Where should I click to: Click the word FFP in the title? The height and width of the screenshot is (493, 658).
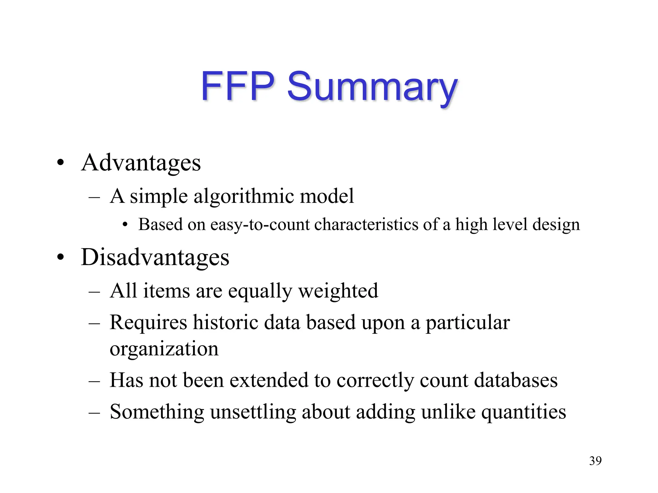point(237,86)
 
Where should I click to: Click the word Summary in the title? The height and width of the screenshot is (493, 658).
point(372,87)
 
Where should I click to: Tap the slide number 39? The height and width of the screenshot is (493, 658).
point(595,461)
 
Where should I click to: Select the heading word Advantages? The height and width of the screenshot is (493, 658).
point(141,163)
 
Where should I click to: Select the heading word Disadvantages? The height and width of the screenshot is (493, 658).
point(155,257)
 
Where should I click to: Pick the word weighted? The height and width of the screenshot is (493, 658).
point(338,291)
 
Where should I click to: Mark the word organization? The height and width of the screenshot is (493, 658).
point(164,349)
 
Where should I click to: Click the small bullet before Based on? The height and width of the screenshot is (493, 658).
point(125,225)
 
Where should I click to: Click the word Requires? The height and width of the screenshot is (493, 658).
point(148,323)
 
